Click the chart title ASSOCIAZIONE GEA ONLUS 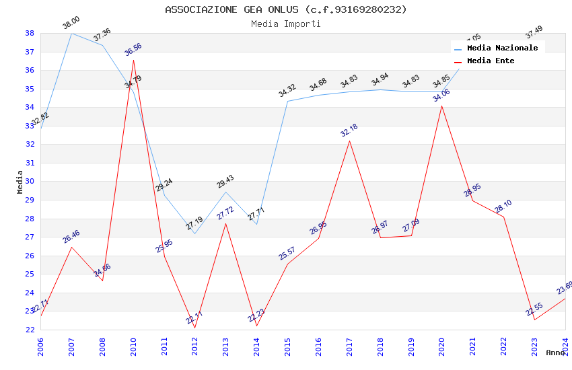coord(286,9)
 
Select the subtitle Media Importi coord(286,24)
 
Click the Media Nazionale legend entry coord(502,48)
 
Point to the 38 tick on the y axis coord(30,33)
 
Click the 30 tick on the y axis coord(30,182)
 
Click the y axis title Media coord(20,182)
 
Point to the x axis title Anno coord(555,353)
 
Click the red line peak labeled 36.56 coord(133,61)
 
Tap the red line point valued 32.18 coord(349,141)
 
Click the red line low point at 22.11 coord(195,328)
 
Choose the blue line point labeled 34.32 coord(287,101)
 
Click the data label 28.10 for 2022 coord(503,207)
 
